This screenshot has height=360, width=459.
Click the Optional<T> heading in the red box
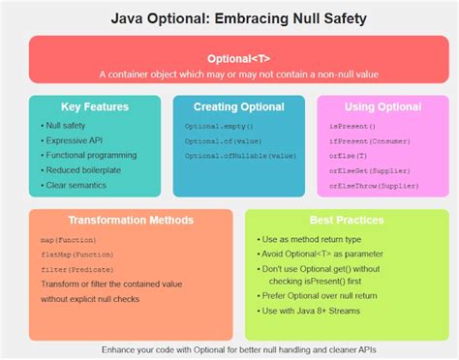[x=229, y=58]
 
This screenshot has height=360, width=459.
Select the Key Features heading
[x=95, y=105]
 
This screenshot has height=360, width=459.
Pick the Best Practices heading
[x=334, y=220]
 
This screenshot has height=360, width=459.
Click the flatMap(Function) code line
[x=78, y=255]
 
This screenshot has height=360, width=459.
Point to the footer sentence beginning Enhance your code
[x=229, y=348]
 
